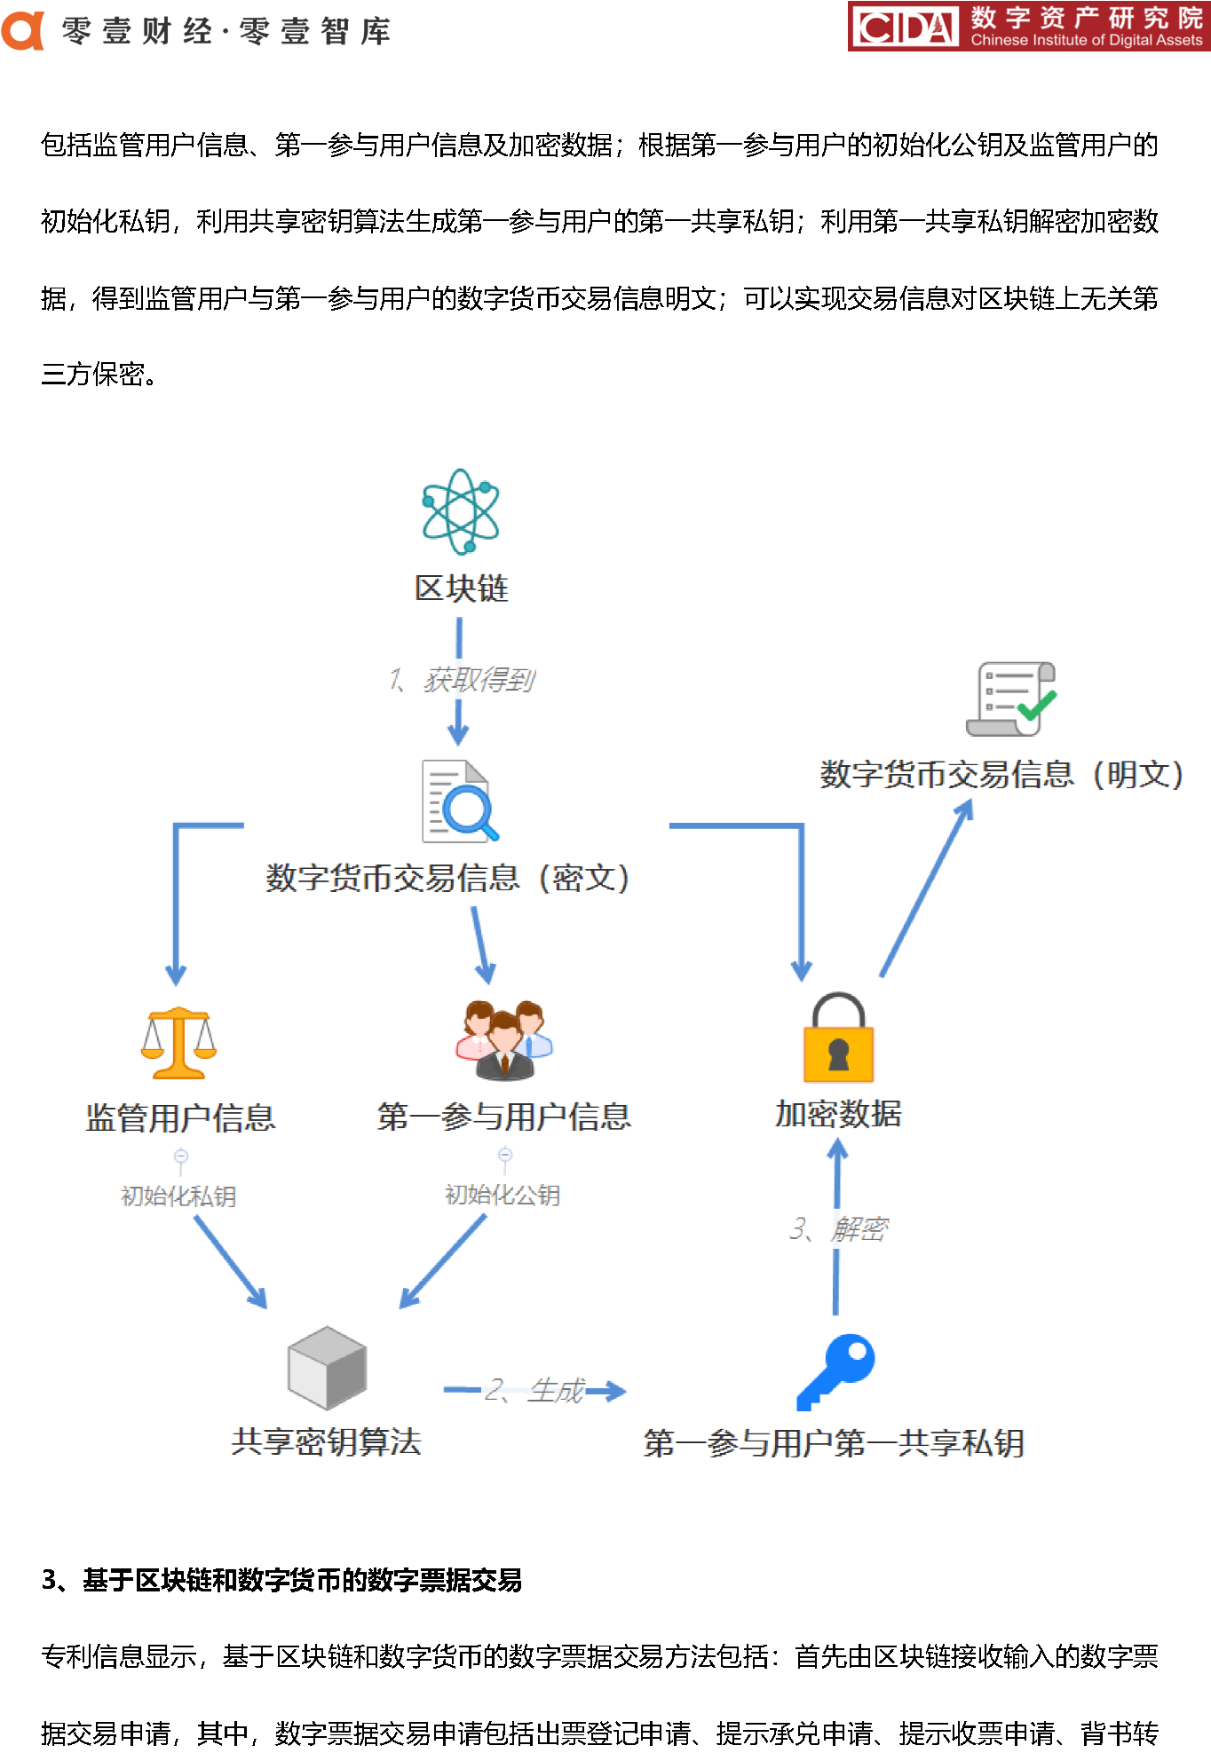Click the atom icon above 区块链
(460, 512)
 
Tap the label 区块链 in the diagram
(461, 588)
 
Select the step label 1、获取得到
(462, 681)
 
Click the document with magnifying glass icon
(459, 801)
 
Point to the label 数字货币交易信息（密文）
(448, 879)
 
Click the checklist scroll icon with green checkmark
(1011, 699)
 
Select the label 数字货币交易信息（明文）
(1001, 775)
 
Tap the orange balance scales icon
(178, 1043)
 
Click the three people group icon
(503, 1040)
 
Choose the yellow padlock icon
(838, 1038)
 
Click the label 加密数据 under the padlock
(838, 1114)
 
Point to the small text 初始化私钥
(178, 1196)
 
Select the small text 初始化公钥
(503, 1196)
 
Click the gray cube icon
(327, 1368)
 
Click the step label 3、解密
(838, 1229)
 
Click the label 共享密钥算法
(326, 1442)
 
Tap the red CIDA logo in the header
(904, 27)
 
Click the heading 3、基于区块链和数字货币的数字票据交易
(281, 1581)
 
